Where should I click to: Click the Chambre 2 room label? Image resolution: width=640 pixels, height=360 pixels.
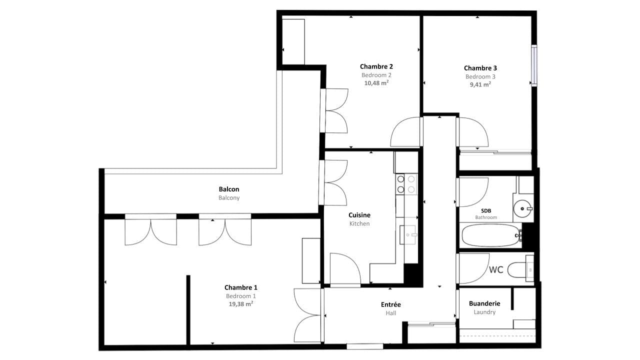376,66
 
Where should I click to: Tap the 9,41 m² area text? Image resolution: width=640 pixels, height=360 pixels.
480,84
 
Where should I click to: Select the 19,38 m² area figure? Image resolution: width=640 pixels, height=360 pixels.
240,303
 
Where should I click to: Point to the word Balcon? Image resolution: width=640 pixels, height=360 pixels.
229,189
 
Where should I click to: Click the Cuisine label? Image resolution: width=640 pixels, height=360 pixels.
359,215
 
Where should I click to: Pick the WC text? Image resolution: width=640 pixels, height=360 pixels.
496,270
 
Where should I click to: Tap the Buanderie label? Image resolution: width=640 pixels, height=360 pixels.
484,303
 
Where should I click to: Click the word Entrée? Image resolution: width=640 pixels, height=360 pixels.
390,304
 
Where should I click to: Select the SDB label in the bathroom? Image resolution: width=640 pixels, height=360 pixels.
485,211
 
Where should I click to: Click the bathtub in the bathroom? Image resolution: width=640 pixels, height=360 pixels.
491,235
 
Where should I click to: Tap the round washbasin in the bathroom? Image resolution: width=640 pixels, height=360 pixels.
522,207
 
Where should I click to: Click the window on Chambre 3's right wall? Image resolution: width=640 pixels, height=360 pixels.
534,65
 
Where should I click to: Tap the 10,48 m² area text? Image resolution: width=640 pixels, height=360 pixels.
376,83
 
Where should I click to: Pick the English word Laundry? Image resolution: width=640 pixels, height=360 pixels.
484,312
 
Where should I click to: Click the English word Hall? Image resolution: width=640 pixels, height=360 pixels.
390,313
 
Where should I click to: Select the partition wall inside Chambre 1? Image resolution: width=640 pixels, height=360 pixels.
188,310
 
